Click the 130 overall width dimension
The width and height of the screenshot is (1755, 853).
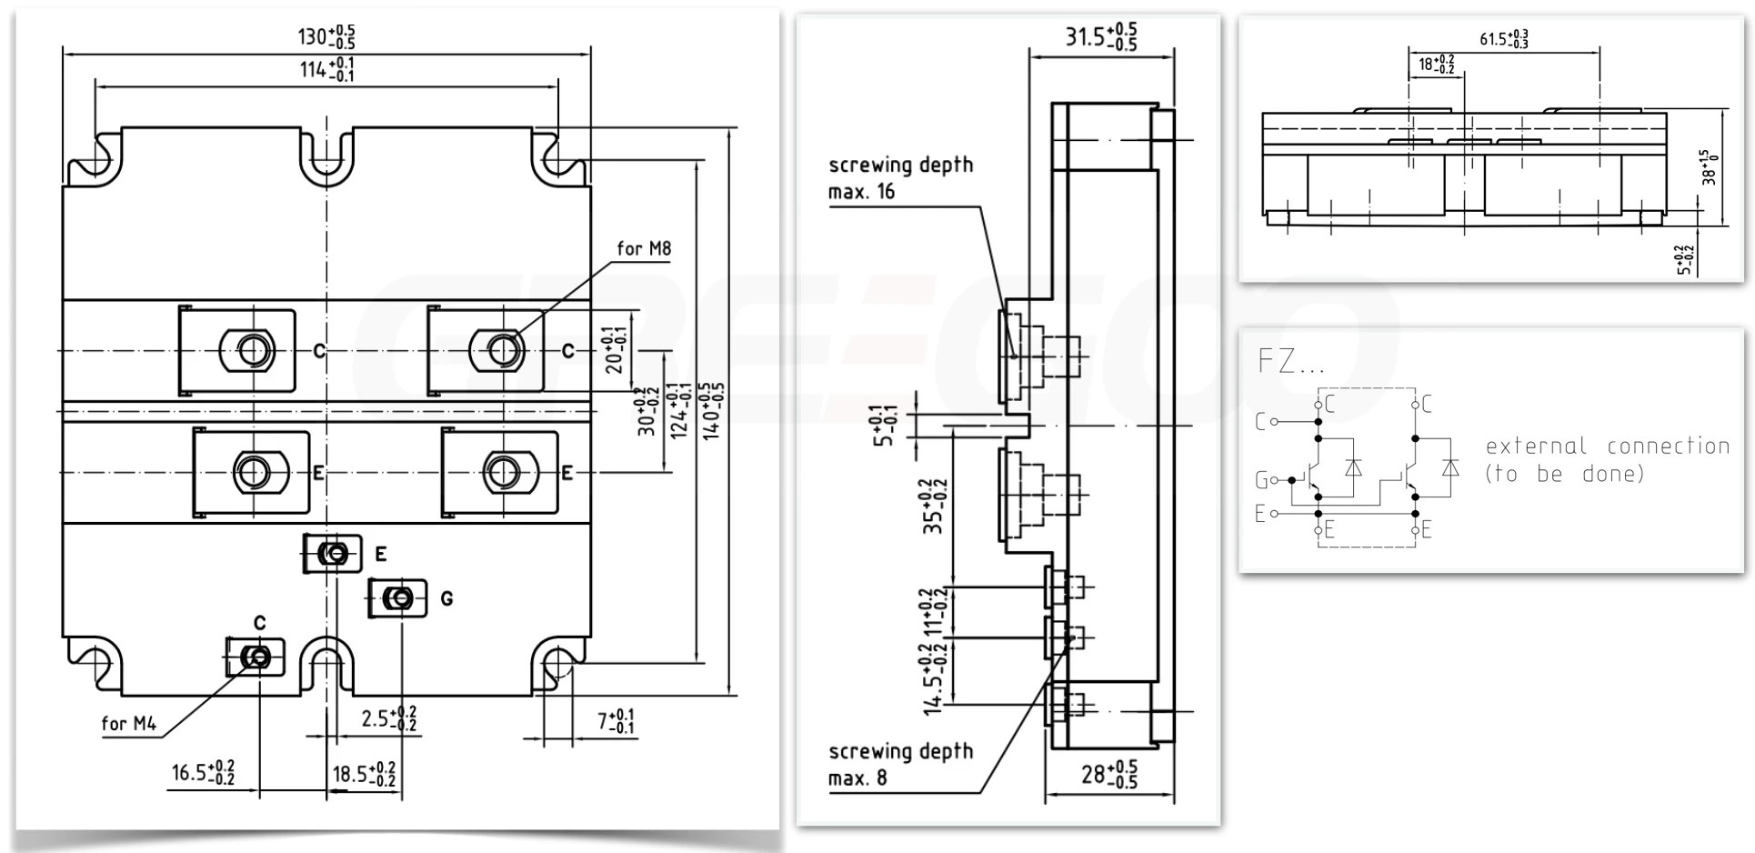[x=326, y=36]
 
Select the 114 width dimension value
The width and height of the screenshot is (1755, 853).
[x=326, y=69]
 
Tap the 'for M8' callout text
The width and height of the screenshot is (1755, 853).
[x=643, y=248]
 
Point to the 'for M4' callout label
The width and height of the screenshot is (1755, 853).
[x=128, y=724]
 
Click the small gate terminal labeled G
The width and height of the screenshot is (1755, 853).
[x=398, y=598]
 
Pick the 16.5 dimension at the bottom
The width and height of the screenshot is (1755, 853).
[x=203, y=773]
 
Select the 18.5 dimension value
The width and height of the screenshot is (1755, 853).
[x=363, y=775]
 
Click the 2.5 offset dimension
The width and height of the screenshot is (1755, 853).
[x=388, y=718]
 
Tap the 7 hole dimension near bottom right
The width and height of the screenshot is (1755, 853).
[x=616, y=722]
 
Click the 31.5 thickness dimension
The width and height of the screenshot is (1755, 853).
[x=1100, y=36]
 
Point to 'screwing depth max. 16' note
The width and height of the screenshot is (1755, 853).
[x=899, y=177]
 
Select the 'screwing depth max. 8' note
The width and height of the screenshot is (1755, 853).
[x=899, y=764]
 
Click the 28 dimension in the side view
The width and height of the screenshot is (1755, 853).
[x=1108, y=775]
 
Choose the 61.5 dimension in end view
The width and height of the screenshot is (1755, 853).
[x=1503, y=39]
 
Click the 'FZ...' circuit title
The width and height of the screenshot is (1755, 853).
[x=1290, y=362]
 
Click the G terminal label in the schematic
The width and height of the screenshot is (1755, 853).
[x=1261, y=479]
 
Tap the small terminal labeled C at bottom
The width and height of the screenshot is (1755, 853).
[x=257, y=657]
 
